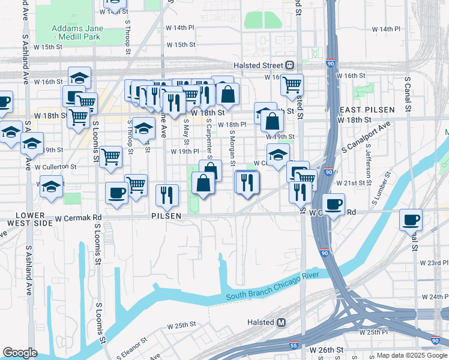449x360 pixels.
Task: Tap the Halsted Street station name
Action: [258, 65]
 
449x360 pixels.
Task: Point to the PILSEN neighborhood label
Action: [166, 215]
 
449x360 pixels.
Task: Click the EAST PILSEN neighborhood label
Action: [367, 110]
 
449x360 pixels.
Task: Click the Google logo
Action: [20, 353]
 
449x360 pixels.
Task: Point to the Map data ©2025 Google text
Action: [412, 355]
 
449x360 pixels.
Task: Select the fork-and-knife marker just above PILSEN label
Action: [166, 194]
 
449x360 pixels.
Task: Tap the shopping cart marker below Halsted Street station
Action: [292, 85]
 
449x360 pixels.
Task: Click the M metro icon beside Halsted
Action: [281, 322]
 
